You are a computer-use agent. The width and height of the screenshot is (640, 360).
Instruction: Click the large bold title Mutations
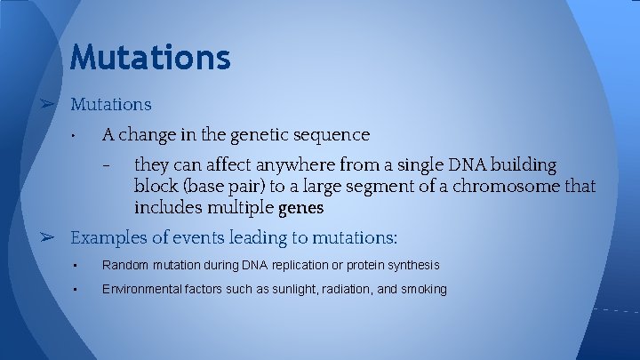(x=150, y=58)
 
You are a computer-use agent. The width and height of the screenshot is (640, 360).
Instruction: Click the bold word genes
(x=301, y=209)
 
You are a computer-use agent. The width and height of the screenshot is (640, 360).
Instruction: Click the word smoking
(x=424, y=290)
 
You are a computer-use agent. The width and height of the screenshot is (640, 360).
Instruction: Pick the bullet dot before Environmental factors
(x=78, y=290)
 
